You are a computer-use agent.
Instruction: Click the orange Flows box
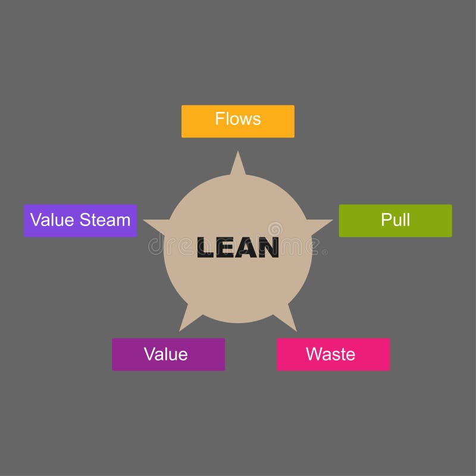(237, 121)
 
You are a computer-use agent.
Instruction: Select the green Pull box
(395, 220)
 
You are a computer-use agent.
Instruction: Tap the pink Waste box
(333, 355)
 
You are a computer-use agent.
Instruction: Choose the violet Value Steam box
(80, 221)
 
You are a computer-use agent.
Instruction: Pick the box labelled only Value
(168, 355)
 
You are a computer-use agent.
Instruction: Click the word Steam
(105, 220)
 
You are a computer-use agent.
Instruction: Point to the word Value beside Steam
(52, 220)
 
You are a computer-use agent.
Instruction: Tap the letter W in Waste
(313, 355)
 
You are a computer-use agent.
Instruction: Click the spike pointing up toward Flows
(238, 164)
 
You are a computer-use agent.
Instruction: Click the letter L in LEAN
(206, 248)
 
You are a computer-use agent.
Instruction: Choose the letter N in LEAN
(268, 248)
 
